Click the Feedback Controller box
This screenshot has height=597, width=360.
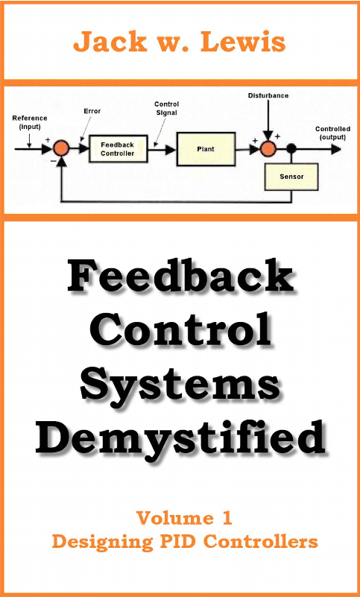coord(118,149)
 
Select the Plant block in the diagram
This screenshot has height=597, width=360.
coord(206,149)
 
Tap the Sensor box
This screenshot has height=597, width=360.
coord(291,177)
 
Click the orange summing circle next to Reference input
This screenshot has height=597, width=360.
coord(61,148)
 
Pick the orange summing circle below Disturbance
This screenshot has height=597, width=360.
coord(268,148)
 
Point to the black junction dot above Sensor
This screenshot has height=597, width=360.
coord(291,148)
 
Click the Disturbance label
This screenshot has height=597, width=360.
coord(268,95)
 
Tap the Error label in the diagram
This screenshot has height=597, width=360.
coord(92,111)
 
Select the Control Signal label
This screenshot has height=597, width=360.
coord(166,109)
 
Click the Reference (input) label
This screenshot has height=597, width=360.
coord(30,122)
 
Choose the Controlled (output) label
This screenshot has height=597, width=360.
coord(332,133)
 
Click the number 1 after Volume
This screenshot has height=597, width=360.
coord(227,518)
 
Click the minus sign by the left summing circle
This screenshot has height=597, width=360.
coord(53,162)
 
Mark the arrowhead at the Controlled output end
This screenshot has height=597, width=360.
coord(335,149)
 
